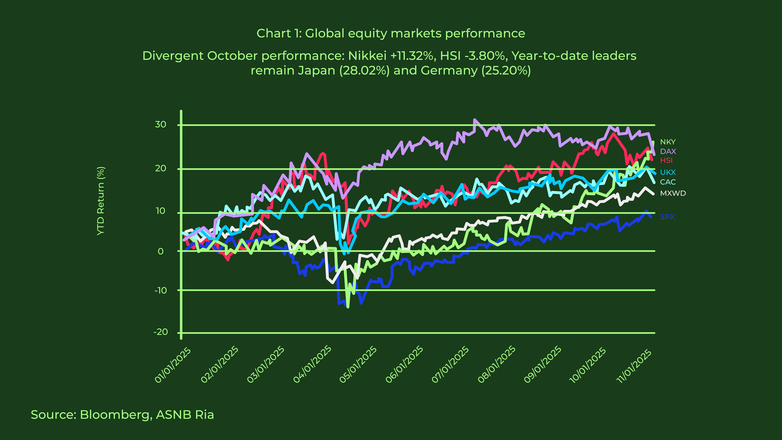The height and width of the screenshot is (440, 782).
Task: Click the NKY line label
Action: tap(668, 142)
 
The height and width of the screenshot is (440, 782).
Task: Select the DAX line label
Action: tap(668, 151)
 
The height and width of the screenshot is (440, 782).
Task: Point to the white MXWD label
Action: tap(673, 193)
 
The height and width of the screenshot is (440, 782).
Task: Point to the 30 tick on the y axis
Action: tap(161, 124)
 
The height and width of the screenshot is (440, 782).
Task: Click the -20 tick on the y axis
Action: tap(161, 332)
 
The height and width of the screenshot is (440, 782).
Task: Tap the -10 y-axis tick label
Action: tap(161, 291)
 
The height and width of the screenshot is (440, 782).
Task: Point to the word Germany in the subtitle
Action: tap(449, 70)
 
